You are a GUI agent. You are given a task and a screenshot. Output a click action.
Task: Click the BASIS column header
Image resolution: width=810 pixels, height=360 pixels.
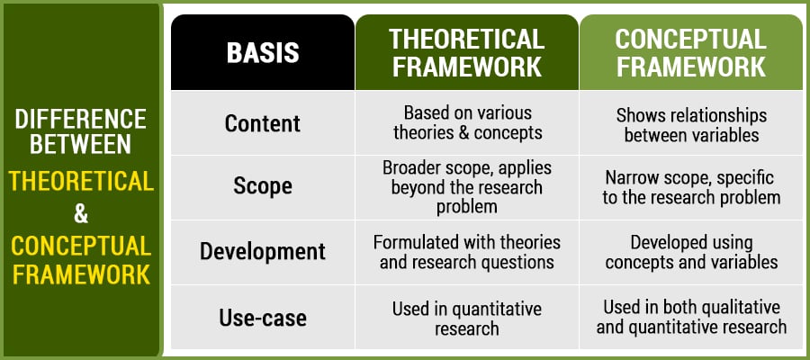[x=263, y=52]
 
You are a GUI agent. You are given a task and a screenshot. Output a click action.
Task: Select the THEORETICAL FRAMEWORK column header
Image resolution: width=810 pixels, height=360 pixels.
[x=466, y=53]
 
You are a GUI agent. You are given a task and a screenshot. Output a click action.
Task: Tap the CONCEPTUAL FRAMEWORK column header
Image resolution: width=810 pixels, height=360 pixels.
[x=690, y=53]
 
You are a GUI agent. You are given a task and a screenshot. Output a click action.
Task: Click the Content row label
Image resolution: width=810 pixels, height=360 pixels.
[x=263, y=123]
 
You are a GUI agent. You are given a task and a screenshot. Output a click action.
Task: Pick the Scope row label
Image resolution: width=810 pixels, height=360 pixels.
[x=263, y=186]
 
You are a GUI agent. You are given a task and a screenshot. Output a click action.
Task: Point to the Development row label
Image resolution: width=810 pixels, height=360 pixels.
[x=263, y=251]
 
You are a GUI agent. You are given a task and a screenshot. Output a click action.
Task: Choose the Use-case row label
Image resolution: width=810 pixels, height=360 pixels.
[x=263, y=318]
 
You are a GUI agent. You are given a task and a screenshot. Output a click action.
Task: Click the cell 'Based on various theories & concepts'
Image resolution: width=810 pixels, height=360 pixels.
[x=467, y=123]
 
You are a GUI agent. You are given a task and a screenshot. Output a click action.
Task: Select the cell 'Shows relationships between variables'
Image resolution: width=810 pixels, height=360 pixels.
[x=691, y=125]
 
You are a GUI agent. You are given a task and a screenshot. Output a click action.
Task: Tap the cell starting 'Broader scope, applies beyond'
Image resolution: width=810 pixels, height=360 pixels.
[x=467, y=187]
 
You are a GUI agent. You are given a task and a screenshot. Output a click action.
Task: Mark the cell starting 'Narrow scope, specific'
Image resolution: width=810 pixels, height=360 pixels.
[x=691, y=188]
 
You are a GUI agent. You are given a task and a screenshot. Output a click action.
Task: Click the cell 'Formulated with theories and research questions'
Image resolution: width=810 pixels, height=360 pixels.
[x=467, y=253]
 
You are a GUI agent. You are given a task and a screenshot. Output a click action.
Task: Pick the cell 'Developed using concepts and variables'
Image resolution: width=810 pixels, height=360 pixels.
[x=691, y=253]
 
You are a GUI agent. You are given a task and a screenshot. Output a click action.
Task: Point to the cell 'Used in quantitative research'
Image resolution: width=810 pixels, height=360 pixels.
[x=467, y=319]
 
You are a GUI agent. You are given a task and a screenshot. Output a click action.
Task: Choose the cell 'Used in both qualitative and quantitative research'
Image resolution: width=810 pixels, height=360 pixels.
[x=691, y=317]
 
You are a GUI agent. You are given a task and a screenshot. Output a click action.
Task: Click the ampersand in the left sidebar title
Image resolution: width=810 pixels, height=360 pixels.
[x=81, y=214]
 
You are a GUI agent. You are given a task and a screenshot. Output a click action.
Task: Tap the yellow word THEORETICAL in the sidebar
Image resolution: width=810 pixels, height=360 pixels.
[x=81, y=182]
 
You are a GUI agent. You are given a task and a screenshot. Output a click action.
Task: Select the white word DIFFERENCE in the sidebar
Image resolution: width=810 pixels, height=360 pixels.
[x=81, y=120]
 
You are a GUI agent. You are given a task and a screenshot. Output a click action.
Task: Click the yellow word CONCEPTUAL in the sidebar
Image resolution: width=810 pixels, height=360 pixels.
[x=81, y=246]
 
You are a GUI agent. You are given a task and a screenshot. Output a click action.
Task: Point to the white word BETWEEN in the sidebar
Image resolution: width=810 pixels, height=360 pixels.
[x=81, y=145]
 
